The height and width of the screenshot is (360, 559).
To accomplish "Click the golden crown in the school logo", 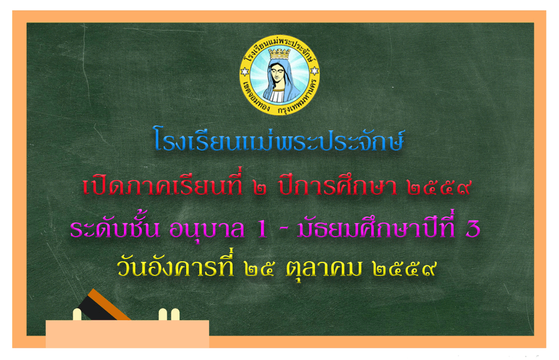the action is (x=279, y=54).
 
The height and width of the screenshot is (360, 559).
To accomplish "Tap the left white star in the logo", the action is (x=244, y=71).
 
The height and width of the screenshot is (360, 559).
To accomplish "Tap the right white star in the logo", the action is (x=314, y=71).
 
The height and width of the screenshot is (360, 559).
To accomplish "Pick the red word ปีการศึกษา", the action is (x=337, y=184).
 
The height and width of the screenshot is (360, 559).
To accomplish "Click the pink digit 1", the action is (x=262, y=229).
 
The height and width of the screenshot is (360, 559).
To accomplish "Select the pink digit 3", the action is (x=473, y=229).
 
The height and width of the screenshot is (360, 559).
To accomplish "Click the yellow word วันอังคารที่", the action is (x=175, y=265).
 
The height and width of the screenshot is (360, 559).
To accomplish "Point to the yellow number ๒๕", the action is (x=259, y=269).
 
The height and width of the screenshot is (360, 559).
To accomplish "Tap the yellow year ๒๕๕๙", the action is (x=405, y=269).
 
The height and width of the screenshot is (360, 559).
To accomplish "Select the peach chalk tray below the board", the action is (x=127, y=334).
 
